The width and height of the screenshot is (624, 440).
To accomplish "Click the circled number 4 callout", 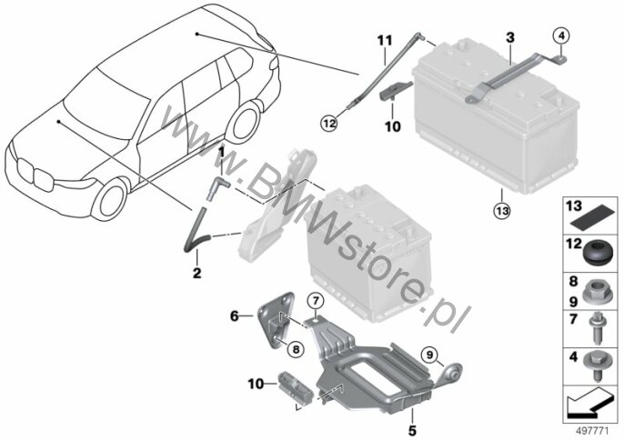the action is pyautogui.click(x=561, y=36).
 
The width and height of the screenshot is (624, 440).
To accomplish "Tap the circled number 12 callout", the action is pyautogui.click(x=329, y=124).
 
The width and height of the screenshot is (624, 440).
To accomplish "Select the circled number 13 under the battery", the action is pyautogui.click(x=502, y=210).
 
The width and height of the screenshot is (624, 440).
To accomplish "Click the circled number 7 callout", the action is pyautogui.click(x=316, y=300).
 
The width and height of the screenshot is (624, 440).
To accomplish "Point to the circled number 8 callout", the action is pyautogui.click(x=296, y=349).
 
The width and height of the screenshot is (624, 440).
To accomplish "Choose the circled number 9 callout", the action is pyautogui.click(x=429, y=355).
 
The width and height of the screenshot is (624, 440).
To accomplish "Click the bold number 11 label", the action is pyautogui.click(x=385, y=41).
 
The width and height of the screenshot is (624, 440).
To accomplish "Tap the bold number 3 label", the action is pyautogui.click(x=509, y=38).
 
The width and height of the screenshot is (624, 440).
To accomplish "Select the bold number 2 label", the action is pyautogui.click(x=196, y=273).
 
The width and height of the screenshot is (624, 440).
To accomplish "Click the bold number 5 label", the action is pyautogui.click(x=412, y=430).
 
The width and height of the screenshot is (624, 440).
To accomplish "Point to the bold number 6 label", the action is pyautogui.click(x=235, y=316).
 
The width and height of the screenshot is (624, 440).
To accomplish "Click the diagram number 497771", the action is pyautogui.click(x=592, y=431).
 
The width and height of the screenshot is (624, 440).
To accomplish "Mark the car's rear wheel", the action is pyautogui.click(x=244, y=121).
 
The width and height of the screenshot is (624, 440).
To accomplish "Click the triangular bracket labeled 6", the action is pyautogui.click(x=277, y=319).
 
